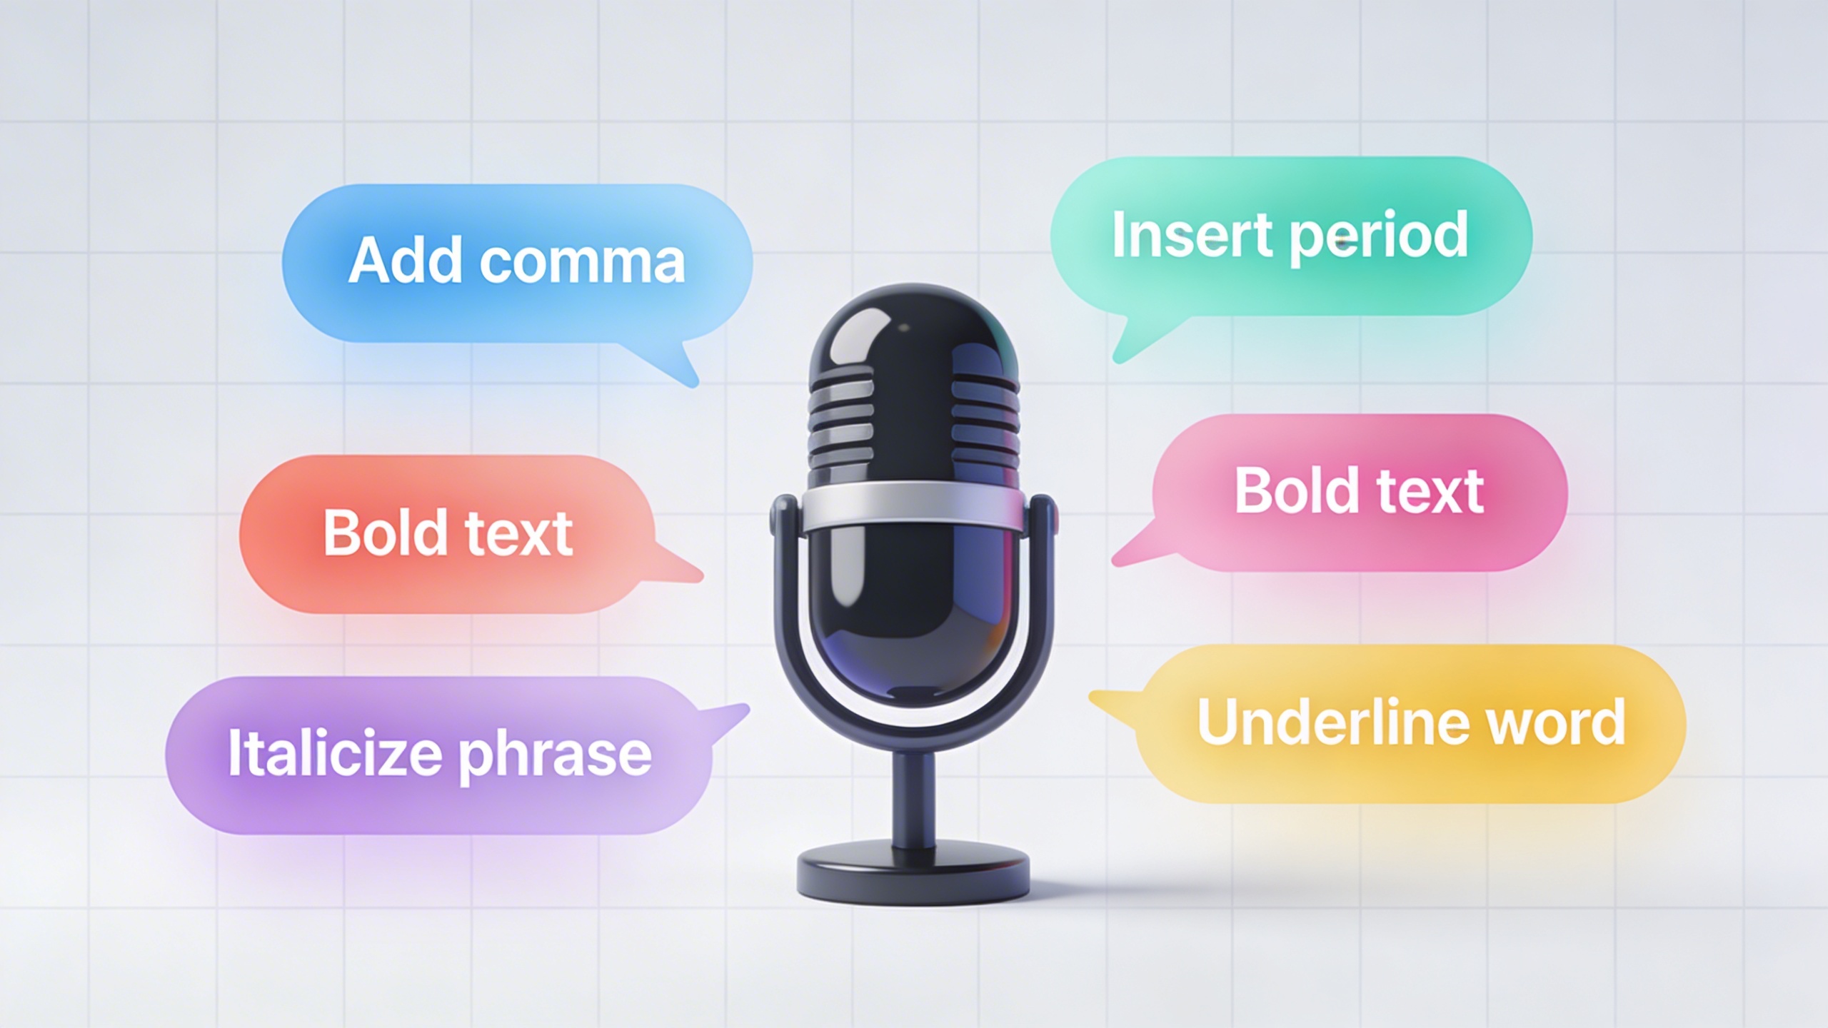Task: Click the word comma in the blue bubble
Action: click(582, 262)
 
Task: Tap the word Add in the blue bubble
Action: click(405, 258)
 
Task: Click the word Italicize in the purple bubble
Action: click(334, 752)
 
